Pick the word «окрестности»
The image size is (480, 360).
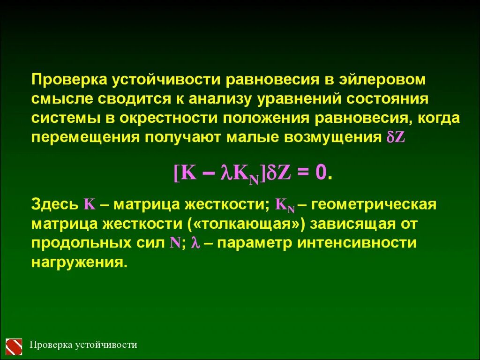[168, 118]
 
